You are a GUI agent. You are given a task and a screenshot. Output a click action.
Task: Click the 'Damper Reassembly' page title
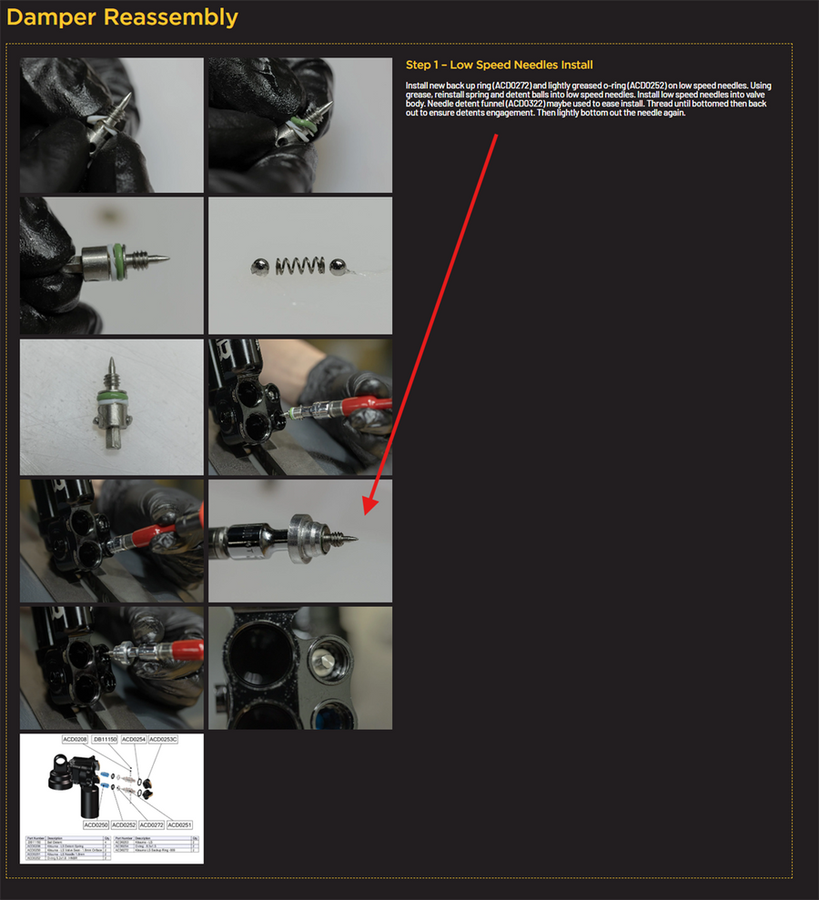pyautogui.click(x=123, y=17)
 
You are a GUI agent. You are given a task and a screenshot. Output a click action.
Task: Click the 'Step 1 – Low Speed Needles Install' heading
pyautogui.click(x=499, y=65)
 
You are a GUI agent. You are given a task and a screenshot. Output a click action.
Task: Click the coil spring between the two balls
pyautogui.click(x=296, y=266)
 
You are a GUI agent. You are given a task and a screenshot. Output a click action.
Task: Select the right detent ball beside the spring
pyautogui.click(x=337, y=265)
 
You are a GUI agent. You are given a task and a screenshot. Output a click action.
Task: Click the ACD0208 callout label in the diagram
pyautogui.click(x=74, y=740)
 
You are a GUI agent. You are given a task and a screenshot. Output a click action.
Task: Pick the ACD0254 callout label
pyautogui.click(x=133, y=740)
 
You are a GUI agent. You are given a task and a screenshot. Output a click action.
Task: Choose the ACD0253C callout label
pyautogui.click(x=163, y=740)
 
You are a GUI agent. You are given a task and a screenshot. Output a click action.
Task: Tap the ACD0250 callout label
pyautogui.click(x=96, y=824)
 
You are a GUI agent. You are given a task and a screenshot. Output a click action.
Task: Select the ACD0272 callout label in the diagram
pyautogui.click(x=152, y=824)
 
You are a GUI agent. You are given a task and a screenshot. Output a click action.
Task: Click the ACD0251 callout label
pyautogui.click(x=179, y=824)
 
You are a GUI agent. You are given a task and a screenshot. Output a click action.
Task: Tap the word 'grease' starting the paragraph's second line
pyautogui.click(x=421, y=95)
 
